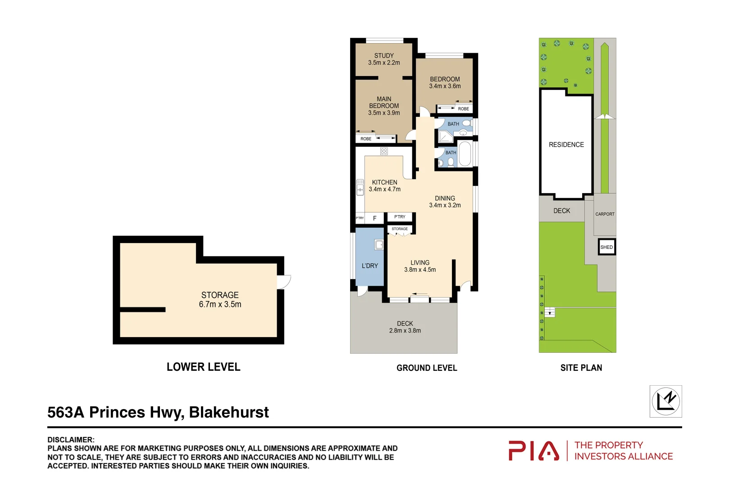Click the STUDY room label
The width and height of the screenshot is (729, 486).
[384, 56]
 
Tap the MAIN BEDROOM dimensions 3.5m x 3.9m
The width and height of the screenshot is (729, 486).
[384, 113]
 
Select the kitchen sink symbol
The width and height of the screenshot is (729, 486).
[360, 187]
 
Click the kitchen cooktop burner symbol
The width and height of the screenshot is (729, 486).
[384, 151]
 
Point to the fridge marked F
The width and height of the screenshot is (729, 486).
[374, 218]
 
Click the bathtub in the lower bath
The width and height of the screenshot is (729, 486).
[465, 154]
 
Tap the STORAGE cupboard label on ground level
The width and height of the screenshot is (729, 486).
[400, 229]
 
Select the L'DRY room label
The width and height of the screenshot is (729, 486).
[370, 266]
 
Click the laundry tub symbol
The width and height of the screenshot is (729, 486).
[379, 245]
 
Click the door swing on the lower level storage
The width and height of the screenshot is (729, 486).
[284, 282]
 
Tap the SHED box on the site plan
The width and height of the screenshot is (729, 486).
[606, 247]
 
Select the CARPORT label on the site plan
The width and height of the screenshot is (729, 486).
[605, 214]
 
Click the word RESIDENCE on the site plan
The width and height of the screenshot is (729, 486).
[566, 145]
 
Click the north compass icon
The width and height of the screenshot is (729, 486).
[665, 401]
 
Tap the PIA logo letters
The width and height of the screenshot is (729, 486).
[534, 451]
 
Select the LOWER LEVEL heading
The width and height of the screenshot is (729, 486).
[203, 367]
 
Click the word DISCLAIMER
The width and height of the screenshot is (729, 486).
[71, 440]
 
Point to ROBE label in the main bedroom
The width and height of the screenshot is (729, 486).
[366, 139]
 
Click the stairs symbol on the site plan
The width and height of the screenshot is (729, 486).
[550, 312]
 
